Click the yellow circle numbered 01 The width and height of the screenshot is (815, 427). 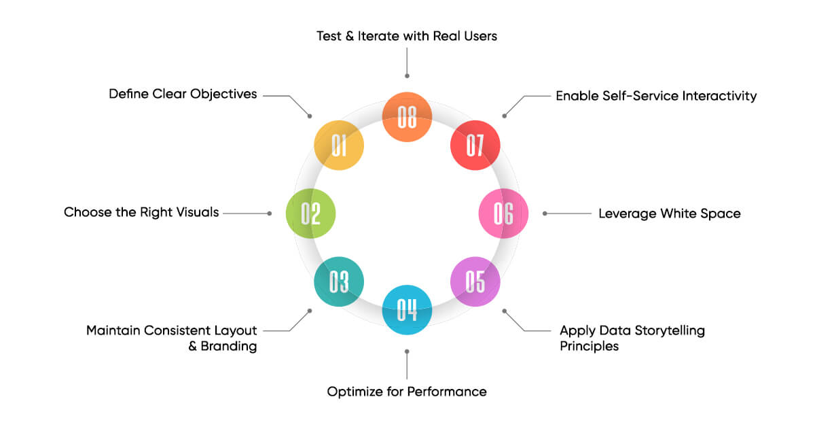pos(339,145)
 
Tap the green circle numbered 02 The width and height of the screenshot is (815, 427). pos(310,213)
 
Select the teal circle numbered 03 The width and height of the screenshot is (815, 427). pos(339,281)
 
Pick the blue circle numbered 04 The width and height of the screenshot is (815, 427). pos(407,310)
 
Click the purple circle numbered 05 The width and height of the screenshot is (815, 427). pos(475,281)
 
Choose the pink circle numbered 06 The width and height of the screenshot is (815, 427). pos(503,213)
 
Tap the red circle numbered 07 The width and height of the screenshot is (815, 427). pos(475,145)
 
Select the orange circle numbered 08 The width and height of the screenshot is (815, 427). pos(407,117)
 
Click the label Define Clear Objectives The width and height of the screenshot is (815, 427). pos(183,94)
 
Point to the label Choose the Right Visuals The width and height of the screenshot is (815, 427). pos(141,212)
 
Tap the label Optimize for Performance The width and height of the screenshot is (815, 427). pos(407,392)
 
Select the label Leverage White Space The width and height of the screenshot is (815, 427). pos(669,213)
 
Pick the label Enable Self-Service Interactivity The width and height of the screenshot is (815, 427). pos(656,96)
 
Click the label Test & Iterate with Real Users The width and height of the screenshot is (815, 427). pos(407,35)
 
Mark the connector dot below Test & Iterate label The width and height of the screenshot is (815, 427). pos(407,75)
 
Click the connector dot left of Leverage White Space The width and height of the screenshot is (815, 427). pos(545,213)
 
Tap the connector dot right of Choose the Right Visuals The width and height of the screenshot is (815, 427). pos(270,213)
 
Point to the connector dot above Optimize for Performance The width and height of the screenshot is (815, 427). pos(407,352)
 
